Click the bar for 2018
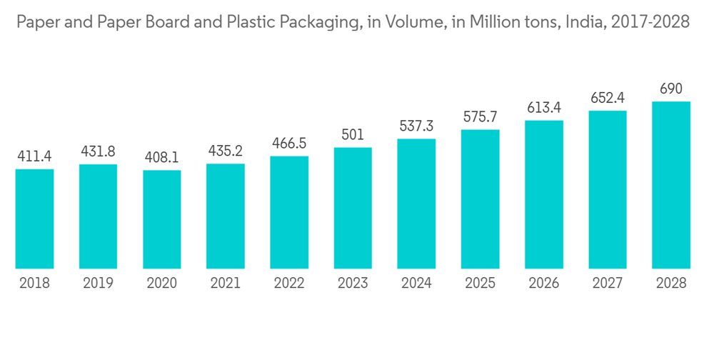34,219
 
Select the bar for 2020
162,219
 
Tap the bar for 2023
353,208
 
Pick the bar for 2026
544,194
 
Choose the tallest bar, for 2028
671,185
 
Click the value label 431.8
98,152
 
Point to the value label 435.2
226,151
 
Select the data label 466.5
289,143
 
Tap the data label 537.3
416,126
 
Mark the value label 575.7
480,117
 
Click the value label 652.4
608,98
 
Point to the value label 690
671,89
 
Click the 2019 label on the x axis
98,283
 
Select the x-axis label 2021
226,283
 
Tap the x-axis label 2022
289,283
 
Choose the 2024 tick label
416,283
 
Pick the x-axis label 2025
480,283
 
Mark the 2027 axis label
608,283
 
